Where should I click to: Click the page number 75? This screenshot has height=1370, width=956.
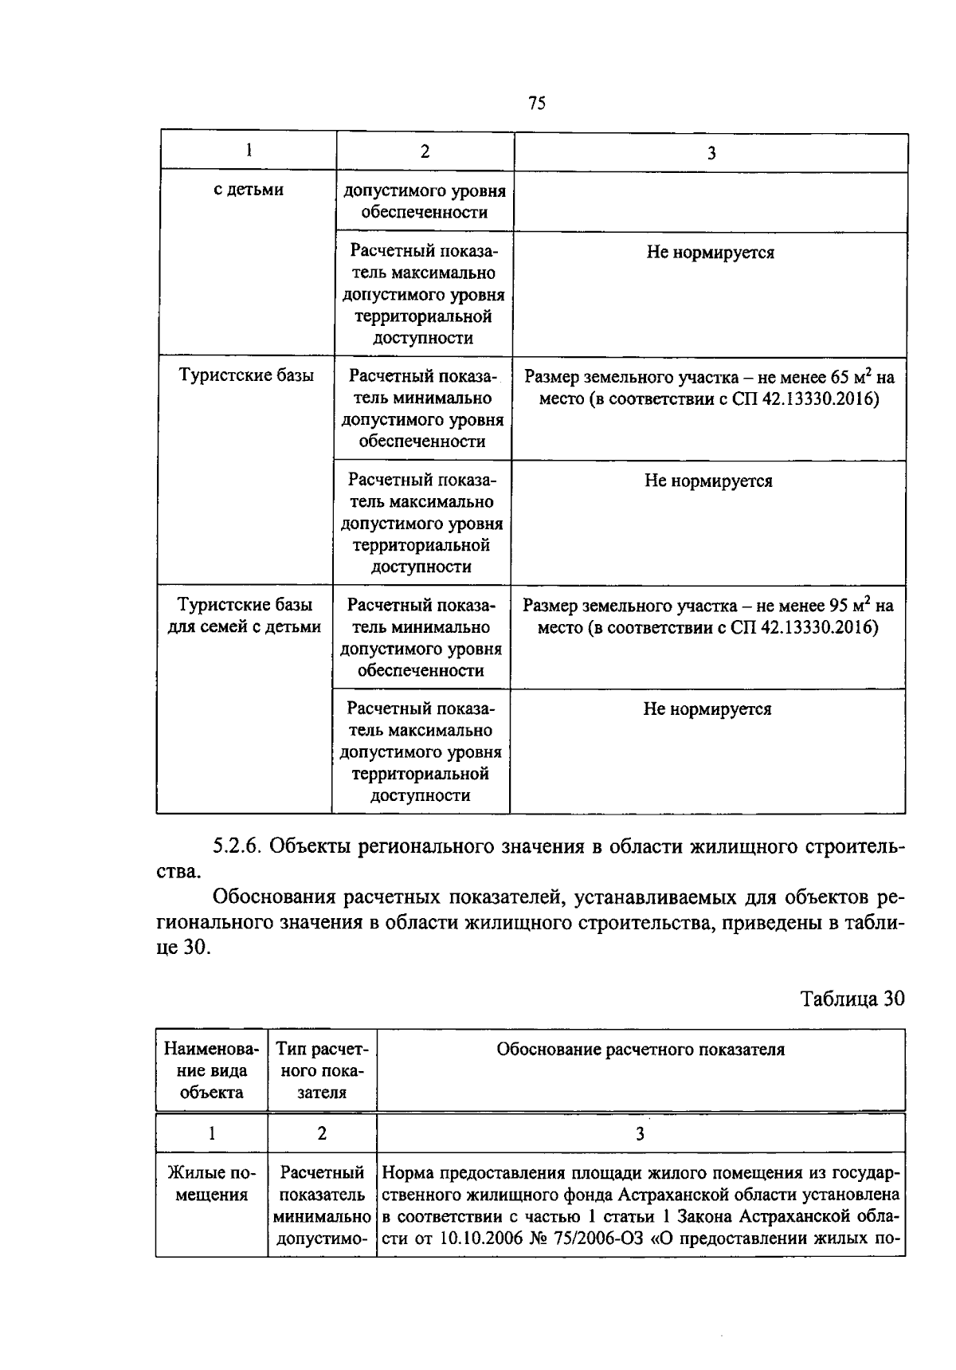coord(536,103)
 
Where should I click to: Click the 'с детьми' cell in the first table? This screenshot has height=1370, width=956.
coord(249,190)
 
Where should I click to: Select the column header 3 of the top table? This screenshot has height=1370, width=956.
coord(711,153)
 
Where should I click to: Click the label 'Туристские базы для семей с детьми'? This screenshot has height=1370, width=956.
coord(244,616)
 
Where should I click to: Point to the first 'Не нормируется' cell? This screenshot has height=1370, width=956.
coord(710,253)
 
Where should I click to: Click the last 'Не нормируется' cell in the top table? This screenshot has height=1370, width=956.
coord(707,709)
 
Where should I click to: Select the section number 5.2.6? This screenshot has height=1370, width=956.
coord(237,846)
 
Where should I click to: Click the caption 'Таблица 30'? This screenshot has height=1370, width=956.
coord(852,999)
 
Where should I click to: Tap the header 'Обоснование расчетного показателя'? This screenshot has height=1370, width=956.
coord(641,1050)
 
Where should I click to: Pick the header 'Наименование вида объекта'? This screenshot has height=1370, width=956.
coord(212,1070)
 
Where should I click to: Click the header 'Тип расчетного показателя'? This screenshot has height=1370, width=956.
coord(322,1070)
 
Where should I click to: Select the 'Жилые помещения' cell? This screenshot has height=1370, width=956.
coord(212,1184)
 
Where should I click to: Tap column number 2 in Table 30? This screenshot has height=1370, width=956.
coord(322,1133)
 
